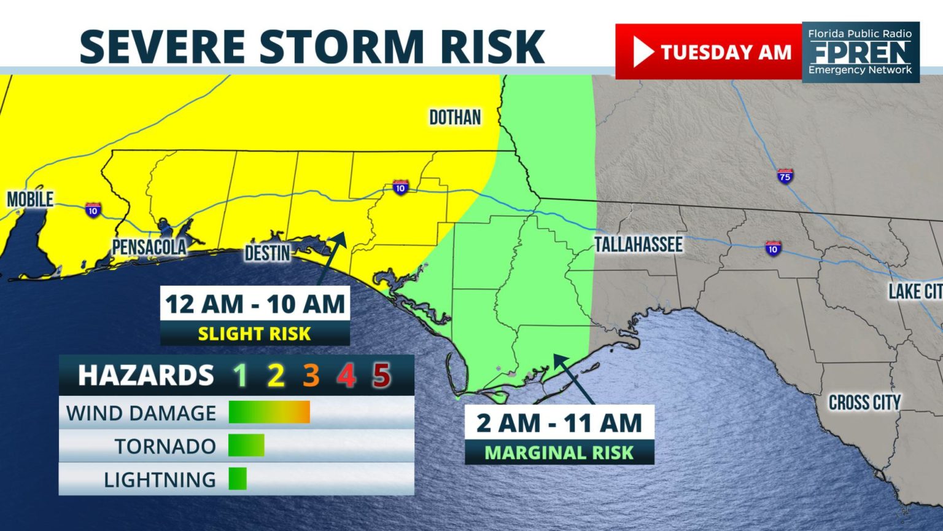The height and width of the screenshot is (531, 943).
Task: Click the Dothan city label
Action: coord(455,117)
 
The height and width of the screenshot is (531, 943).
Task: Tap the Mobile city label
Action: coord(30,199)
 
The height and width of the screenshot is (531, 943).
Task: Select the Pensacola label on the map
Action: coord(149,247)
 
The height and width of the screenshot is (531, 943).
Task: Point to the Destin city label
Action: coord(267,253)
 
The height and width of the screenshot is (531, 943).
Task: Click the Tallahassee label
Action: coord(638,245)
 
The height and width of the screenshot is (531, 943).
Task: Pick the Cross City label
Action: coord(864,403)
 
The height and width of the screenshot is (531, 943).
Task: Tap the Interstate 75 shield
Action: coord(785,176)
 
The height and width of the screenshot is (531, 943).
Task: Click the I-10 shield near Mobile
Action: coord(93,210)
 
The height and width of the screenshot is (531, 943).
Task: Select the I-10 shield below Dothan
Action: coord(400,187)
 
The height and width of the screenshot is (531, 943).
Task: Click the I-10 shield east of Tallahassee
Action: coord(773,248)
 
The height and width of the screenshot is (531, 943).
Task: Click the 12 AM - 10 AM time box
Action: coord(255,304)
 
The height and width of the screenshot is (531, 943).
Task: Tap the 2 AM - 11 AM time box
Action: coord(559,423)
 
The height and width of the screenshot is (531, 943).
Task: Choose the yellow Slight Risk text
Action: coord(255,334)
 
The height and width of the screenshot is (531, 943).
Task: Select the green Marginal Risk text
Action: coord(559,453)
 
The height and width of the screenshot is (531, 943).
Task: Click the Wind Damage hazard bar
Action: coord(269,412)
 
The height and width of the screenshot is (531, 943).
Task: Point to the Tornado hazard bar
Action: coord(246,446)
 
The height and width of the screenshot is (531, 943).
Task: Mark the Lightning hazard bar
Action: coord(238,479)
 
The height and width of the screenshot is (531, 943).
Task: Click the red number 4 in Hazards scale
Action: coord(346,375)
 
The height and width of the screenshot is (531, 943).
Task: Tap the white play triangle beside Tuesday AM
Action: coord(642,52)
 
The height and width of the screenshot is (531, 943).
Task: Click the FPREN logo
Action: coord(860,52)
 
